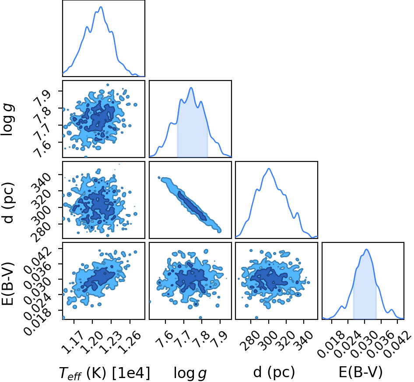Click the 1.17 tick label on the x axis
[70, 342]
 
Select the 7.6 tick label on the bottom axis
[164, 340]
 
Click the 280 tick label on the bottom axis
[249, 341]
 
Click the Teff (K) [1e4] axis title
[104, 373]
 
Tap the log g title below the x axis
[190, 373]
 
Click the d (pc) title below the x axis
[274, 372]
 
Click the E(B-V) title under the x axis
[361, 372]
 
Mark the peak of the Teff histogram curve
[101, 7]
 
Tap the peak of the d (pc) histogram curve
[269, 168]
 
